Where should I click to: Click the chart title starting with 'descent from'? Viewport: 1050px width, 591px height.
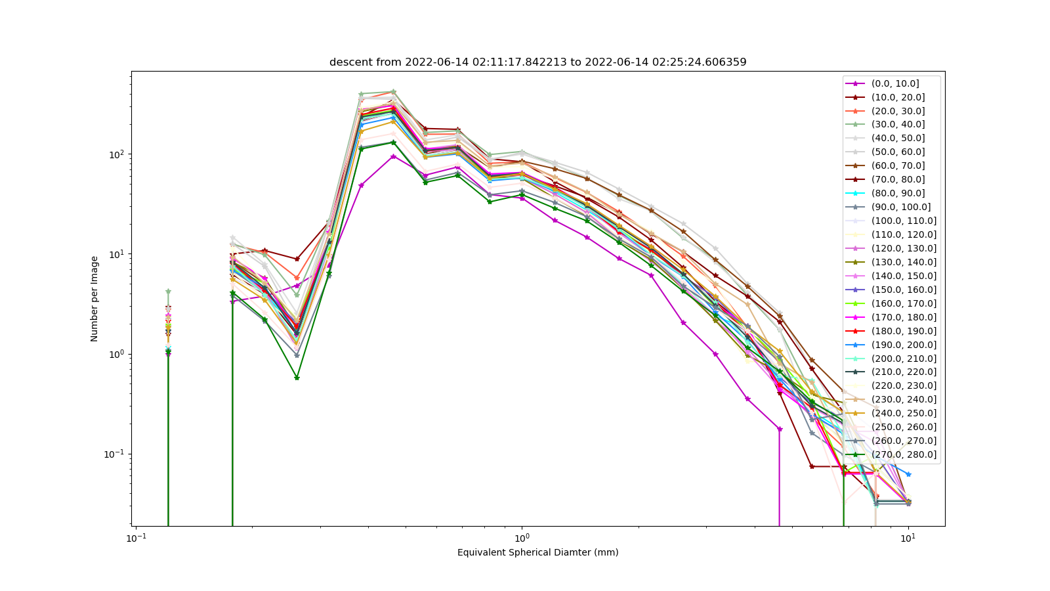coord(537,62)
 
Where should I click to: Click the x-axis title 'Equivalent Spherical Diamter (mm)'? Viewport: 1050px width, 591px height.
coord(537,552)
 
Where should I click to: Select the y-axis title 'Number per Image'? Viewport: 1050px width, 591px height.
coord(94,299)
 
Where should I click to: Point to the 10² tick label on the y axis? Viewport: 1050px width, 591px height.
coord(117,154)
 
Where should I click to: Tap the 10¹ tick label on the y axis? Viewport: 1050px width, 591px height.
coord(117,254)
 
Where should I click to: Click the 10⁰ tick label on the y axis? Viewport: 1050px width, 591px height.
coord(117,354)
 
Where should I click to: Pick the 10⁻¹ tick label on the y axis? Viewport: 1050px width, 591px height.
coord(115,454)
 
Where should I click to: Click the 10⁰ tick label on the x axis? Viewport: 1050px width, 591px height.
coord(522,538)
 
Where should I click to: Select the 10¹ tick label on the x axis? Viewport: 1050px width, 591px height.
coord(908,538)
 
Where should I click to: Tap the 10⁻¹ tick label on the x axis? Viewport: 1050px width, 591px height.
coord(136,538)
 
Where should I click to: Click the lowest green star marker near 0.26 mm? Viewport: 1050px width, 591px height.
coord(297,378)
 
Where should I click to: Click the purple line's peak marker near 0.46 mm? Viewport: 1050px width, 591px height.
coord(394,156)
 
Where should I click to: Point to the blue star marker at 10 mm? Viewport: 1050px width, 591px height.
coord(908,474)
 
